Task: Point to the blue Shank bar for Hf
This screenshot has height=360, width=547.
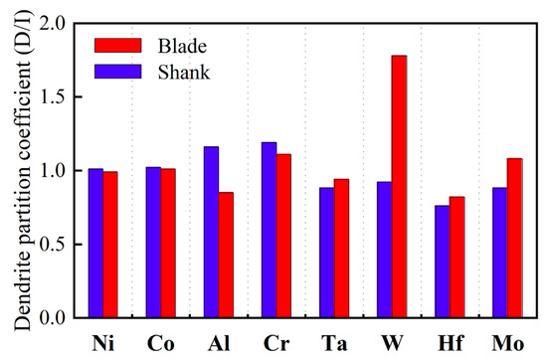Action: (x=442, y=262)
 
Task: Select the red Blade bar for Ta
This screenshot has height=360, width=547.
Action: (x=341, y=249)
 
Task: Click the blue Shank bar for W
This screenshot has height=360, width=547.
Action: (x=384, y=250)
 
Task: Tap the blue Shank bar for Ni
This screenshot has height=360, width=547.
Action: (x=95, y=244)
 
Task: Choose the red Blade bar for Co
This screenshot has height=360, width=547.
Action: (x=168, y=244)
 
